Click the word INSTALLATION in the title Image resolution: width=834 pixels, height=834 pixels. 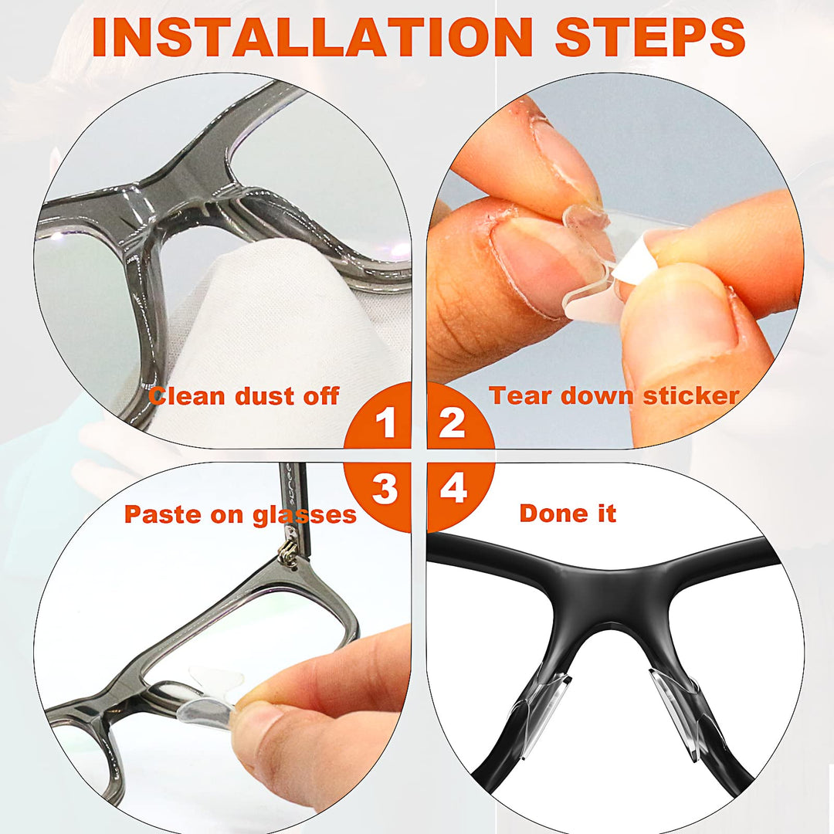point(312,37)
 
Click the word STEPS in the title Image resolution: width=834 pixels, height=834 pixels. point(650,37)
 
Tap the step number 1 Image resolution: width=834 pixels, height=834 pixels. point(386,423)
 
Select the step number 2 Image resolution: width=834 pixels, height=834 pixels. point(452,423)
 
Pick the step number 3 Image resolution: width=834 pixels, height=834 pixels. point(385,488)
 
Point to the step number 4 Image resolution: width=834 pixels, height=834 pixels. point(454,488)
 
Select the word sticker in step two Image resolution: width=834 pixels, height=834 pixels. point(691,395)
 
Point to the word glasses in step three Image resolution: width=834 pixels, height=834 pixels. point(304,515)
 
